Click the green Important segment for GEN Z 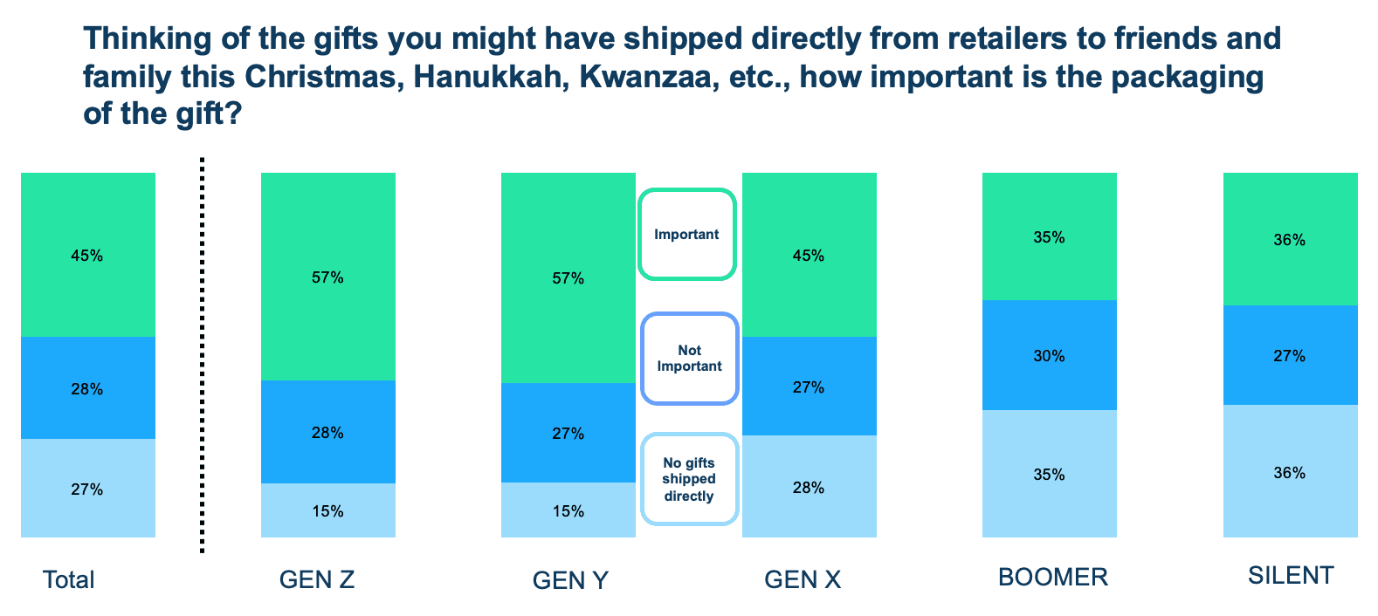327,277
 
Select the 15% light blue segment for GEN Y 568,510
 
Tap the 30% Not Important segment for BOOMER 1049,355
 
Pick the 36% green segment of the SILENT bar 1290,239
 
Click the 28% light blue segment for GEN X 809,486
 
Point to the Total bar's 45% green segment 87,255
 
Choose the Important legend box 687,235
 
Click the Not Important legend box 690,359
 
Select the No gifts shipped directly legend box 690,480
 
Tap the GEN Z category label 317,579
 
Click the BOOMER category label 1053,577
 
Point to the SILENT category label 1291,576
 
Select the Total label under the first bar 69,580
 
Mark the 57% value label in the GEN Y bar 568,278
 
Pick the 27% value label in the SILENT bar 1290,356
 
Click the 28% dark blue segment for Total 87,388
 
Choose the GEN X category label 803,579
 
